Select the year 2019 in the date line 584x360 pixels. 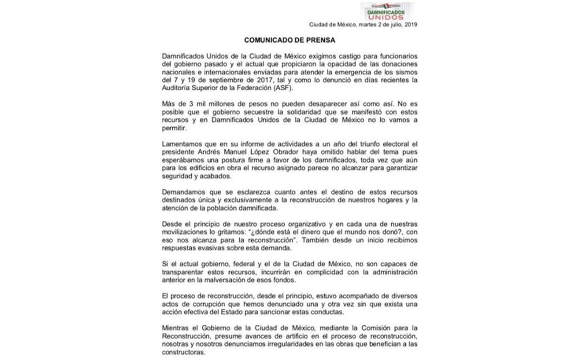[410, 24]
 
